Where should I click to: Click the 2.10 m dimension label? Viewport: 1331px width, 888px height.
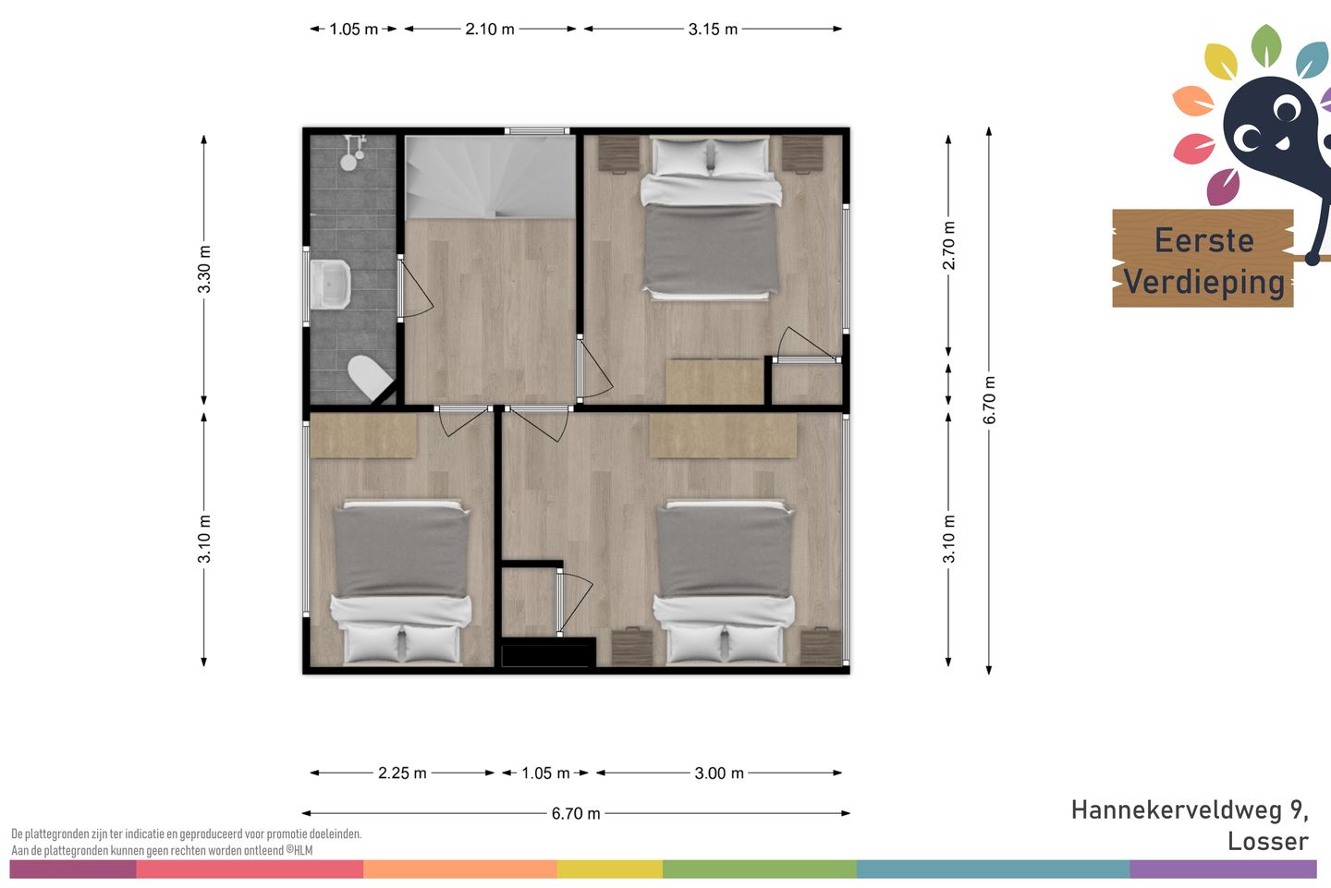click(x=489, y=29)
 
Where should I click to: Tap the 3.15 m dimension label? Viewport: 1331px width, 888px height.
click(x=713, y=29)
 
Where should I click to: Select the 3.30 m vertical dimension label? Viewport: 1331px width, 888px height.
click(x=204, y=269)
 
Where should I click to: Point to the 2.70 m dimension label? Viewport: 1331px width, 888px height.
click(x=949, y=245)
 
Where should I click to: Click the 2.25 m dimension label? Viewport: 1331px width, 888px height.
click(x=402, y=772)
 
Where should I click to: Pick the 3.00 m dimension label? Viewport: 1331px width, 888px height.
click(x=719, y=772)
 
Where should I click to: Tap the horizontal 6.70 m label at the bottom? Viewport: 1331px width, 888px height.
click(x=576, y=813)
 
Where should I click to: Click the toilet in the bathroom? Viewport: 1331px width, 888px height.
click(x=370, y=377)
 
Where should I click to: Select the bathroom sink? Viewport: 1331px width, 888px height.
click(x=331, y=285)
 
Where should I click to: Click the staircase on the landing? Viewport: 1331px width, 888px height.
click(x=490, y=177)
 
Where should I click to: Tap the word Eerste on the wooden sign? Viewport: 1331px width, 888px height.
click(x=1203, y=240)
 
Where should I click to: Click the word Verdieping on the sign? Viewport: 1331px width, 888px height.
click(x=1203, y=282)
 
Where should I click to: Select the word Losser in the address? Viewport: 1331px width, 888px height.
click(x=1268, y=842)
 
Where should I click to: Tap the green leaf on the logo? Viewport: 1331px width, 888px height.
click(x=1266, y=45)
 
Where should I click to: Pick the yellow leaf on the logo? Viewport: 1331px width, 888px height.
click(x=1221, y=62)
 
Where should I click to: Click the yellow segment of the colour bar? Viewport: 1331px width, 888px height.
click(x=610, y=869)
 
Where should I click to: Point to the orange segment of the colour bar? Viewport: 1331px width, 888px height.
click(x=460, y=869)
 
